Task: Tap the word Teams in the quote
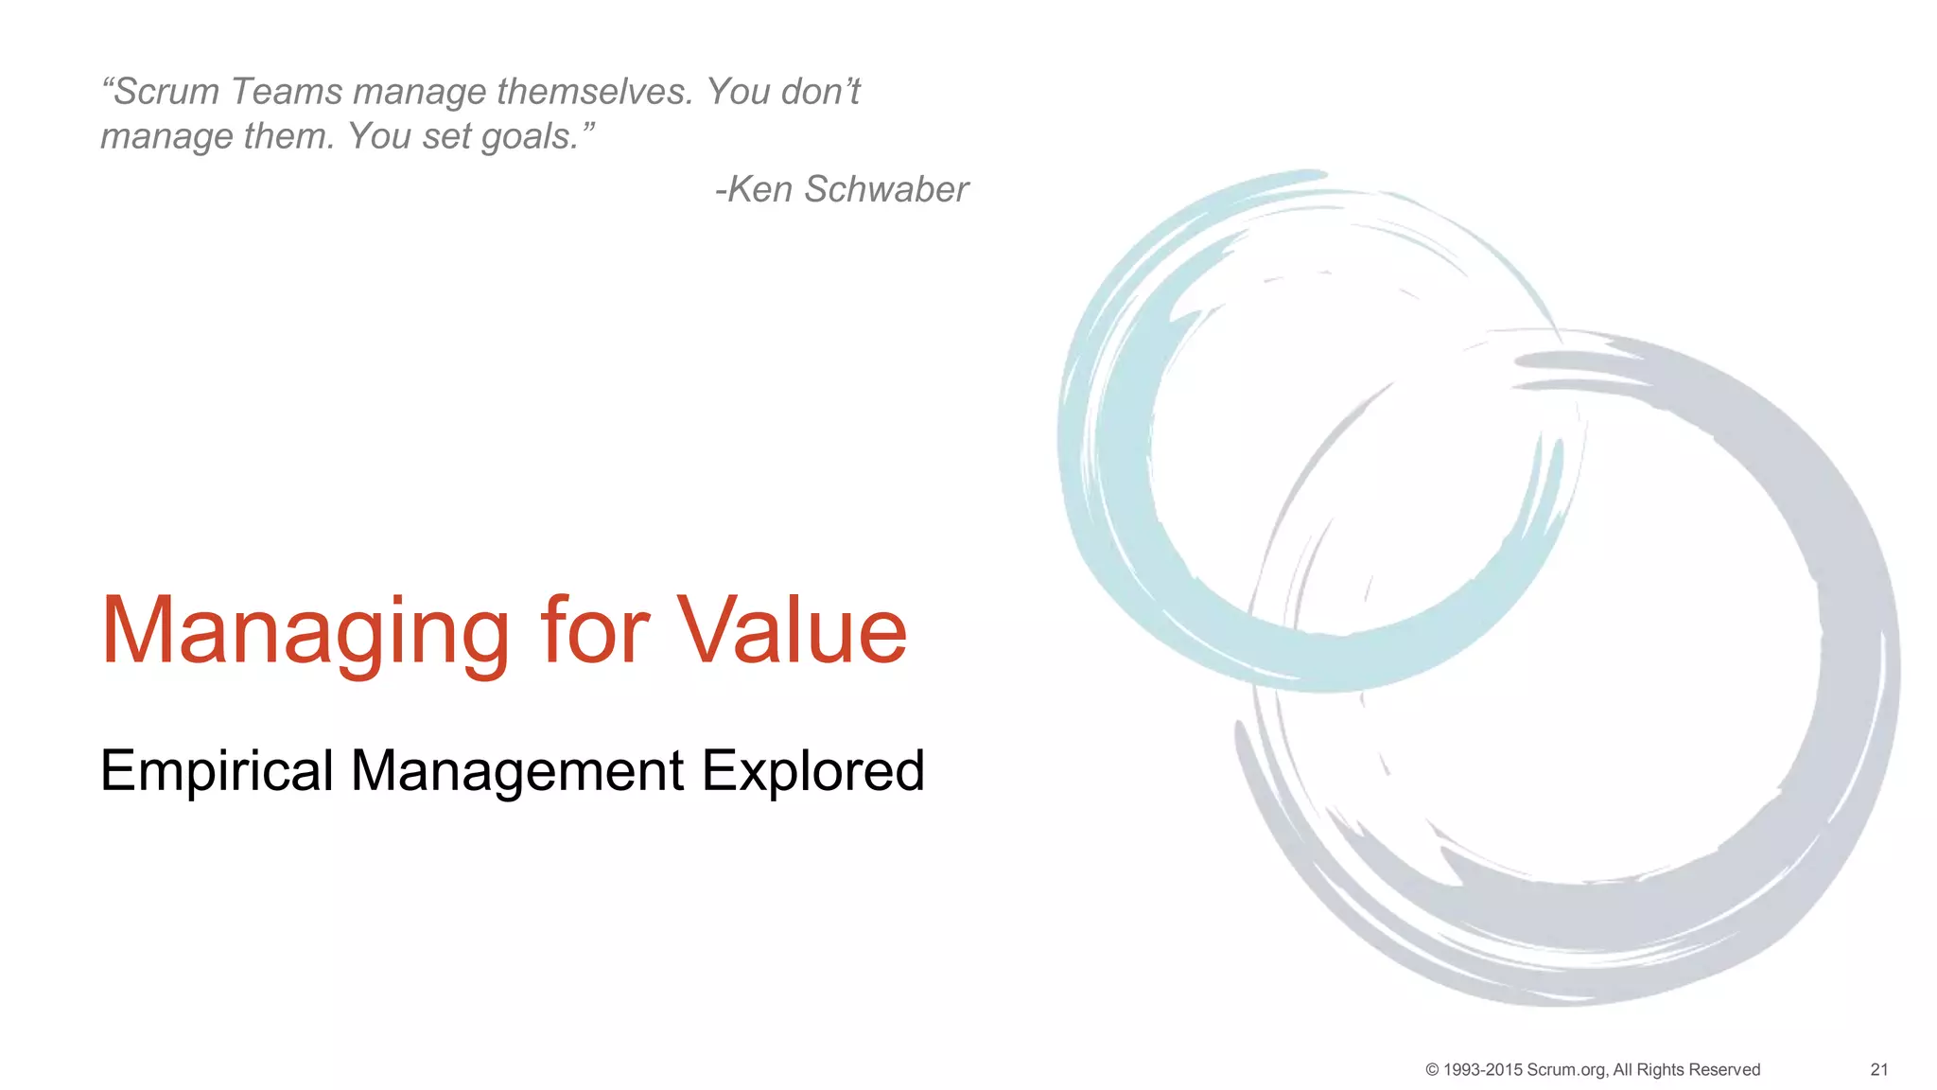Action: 287,92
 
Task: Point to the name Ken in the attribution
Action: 759,189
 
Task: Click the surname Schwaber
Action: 886,189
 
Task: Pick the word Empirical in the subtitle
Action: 217,771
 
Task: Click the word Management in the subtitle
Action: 516,771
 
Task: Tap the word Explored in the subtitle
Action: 811,771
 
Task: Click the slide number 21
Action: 1878,1070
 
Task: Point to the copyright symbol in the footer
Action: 1432,1070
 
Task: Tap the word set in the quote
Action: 446,137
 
